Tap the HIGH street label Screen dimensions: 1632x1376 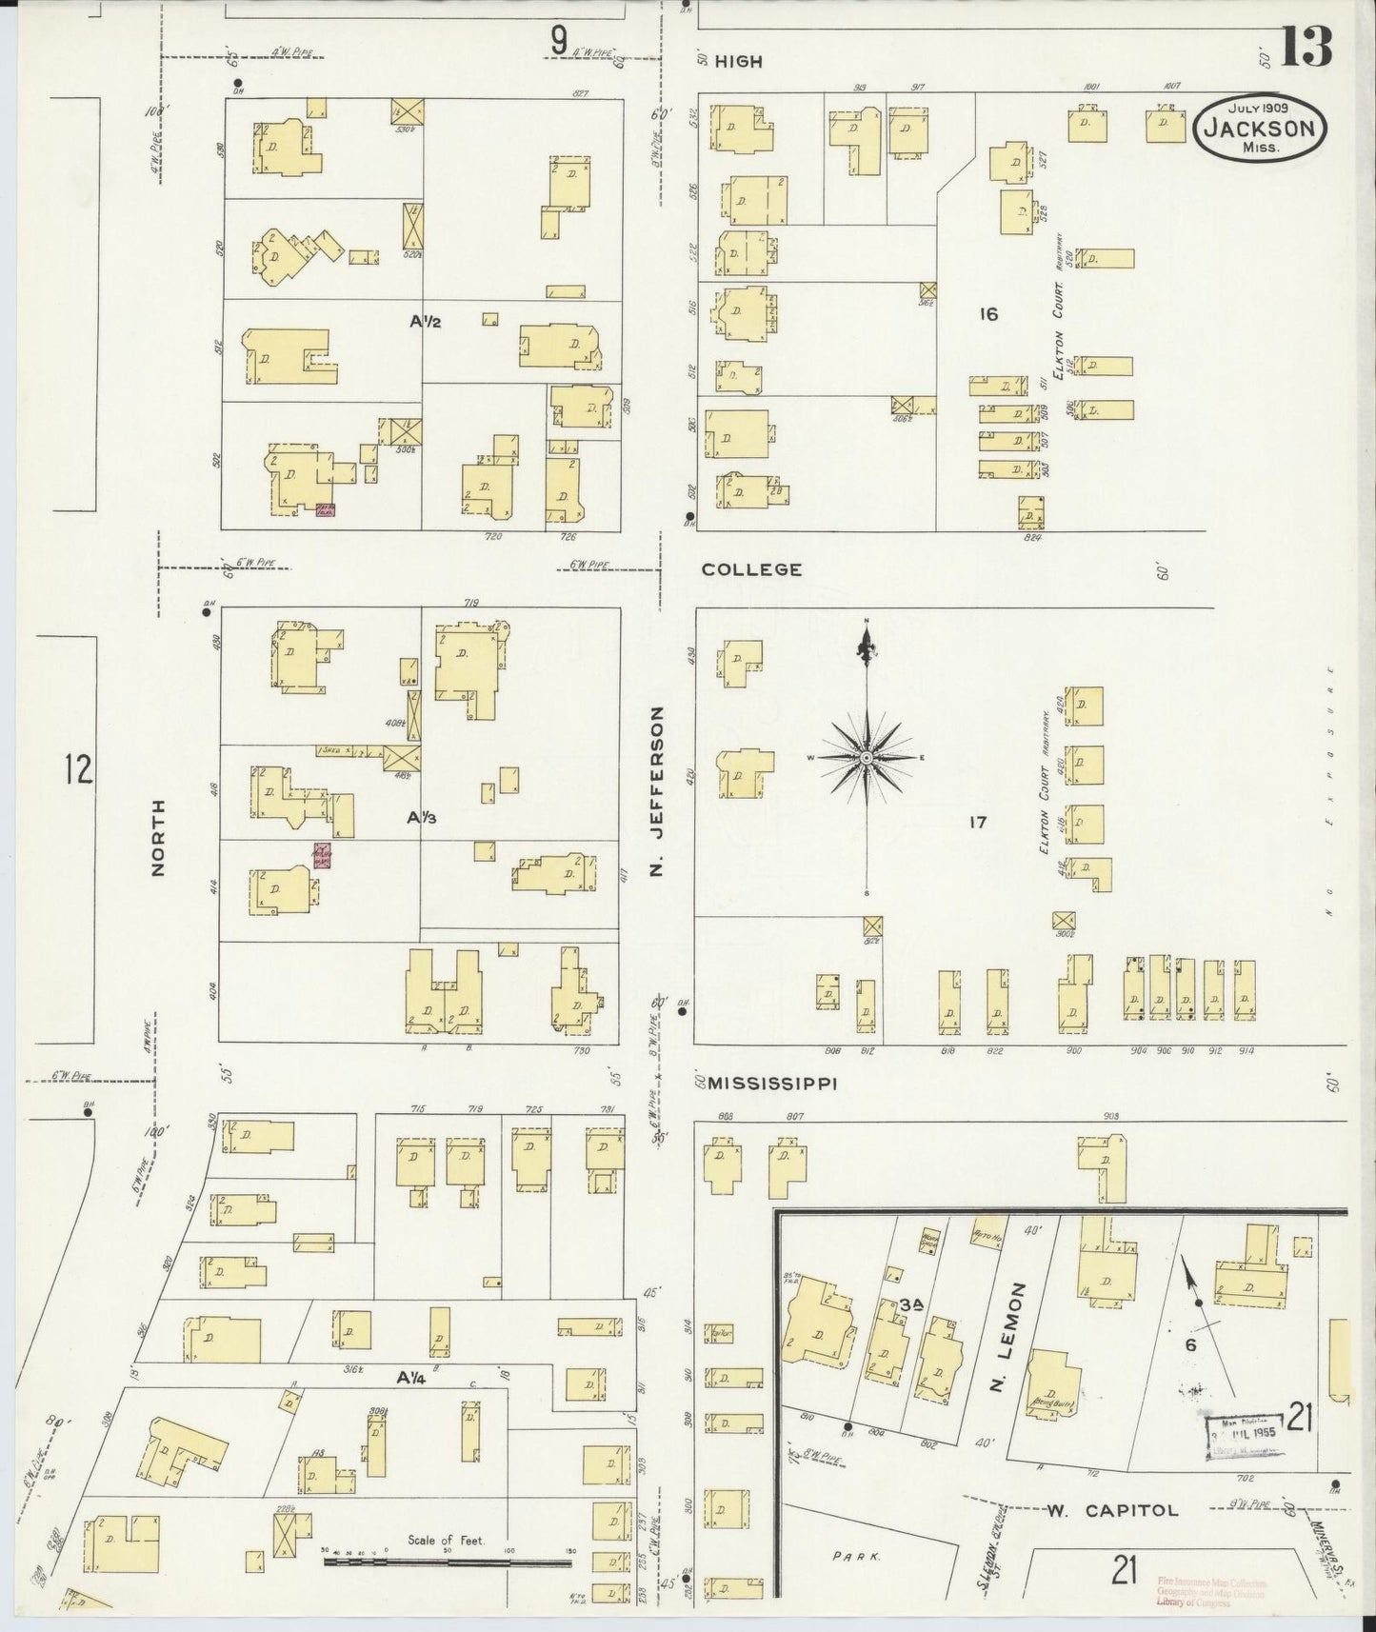[738, 61]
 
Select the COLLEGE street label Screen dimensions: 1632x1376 [751, 569]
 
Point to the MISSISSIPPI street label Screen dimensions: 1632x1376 [772, 1083]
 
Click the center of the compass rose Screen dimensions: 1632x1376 [867, 757]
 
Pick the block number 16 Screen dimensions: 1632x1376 [988, 313]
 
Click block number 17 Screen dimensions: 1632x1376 [977, 822]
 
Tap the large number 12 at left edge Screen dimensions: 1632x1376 [78, 768]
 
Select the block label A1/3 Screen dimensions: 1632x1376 [422, 817]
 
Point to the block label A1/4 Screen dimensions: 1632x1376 [413, 1377]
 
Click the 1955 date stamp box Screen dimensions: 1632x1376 [1241, 1430]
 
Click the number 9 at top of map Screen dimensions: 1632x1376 [558, 41]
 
